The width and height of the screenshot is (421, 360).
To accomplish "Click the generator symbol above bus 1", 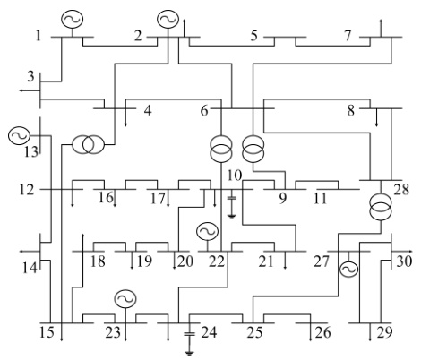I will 72,19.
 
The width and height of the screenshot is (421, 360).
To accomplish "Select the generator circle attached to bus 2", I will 168,19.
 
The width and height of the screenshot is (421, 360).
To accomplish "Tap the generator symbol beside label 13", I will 19,136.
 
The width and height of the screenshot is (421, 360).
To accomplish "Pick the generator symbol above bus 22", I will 207,233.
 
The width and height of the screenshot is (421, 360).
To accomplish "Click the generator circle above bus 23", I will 125,300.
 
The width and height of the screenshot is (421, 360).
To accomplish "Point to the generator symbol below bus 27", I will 348,268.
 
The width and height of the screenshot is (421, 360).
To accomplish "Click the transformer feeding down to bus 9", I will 254,144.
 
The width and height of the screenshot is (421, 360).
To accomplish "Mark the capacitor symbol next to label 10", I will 232,199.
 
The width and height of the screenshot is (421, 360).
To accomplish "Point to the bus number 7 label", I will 348,36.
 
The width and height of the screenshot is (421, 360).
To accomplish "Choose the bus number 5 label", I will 254,36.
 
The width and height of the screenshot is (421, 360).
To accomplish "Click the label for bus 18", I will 97,261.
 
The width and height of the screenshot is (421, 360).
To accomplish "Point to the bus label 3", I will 30,75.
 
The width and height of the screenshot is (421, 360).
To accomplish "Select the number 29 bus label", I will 383,334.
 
